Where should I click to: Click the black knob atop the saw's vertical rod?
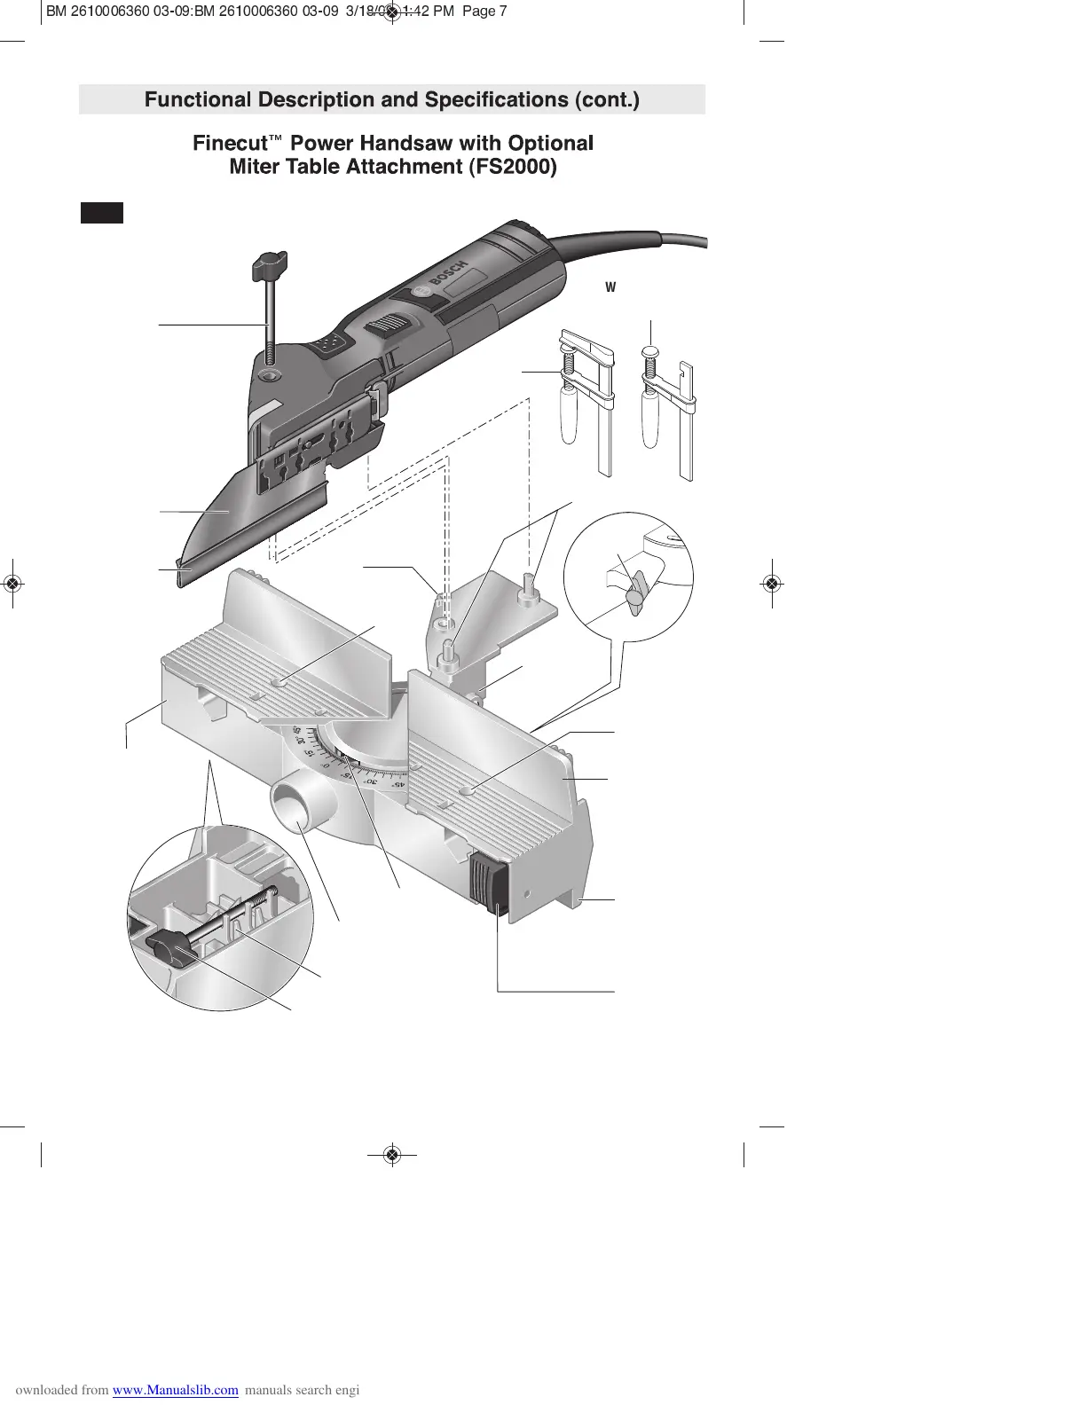[267, 263]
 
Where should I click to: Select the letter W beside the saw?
[610, 287]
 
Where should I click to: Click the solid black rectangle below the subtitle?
[102, 213]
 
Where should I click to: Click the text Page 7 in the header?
[484, 12]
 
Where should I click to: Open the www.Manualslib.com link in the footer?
[176, 1390]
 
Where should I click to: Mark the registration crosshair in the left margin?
[12, 583]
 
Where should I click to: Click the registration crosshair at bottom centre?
[393, 1155]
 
